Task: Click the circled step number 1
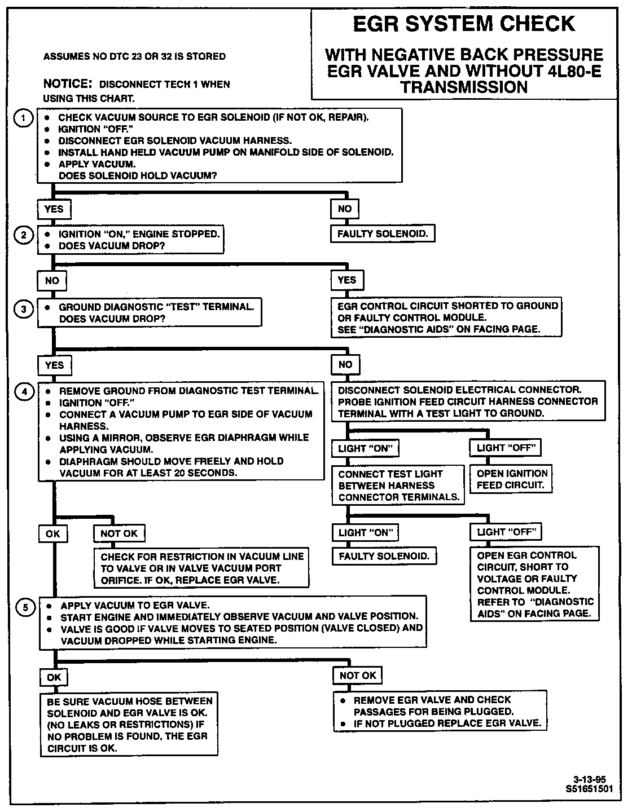23,118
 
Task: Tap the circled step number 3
23,309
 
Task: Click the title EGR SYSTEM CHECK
464,24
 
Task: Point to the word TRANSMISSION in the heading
464,87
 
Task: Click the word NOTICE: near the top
68,84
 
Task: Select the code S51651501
589,789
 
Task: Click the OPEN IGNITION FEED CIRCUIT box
512,479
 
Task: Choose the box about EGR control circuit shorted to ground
446,317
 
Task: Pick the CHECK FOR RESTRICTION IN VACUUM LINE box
202,568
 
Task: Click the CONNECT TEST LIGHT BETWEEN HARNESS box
398,486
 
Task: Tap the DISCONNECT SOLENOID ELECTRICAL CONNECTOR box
468,401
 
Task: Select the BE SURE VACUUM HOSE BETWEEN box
129,725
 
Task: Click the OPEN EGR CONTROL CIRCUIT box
535,584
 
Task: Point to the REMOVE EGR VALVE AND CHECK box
440,712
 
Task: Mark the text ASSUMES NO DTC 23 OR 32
134,56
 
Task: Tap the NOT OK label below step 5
358,676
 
